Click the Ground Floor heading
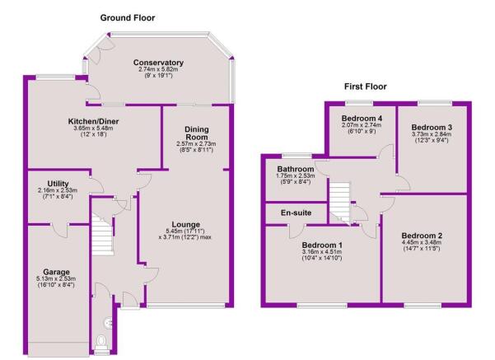click(128, 17)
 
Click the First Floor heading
click(365, 86)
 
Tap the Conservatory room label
click(158, 63)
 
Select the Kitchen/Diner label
click(93, 121)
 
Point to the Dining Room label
click(197, 133)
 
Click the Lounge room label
click(186, 225)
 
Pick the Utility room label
click(58, 184)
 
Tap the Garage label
click(56, 272)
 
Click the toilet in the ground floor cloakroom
click(101, 342)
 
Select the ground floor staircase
click(103, 234)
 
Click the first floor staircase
click(339, 202)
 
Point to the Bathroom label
click(296, 169)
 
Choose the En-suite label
click(296, 213)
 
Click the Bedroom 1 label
click(322, 245)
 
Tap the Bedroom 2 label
click(422, 236)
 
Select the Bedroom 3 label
click(432, 127)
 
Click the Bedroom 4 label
click(362, 119)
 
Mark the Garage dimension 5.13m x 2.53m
click(56, 278)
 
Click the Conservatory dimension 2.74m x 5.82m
click(158, 69)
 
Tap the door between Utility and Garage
click(60, 231)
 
